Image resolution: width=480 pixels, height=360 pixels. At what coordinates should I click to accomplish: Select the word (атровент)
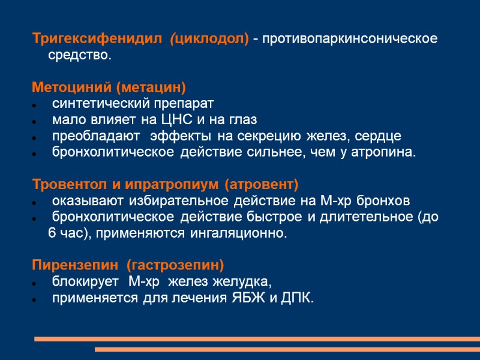(261, 183)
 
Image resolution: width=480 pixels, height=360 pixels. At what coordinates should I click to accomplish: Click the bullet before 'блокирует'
(37, 282)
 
